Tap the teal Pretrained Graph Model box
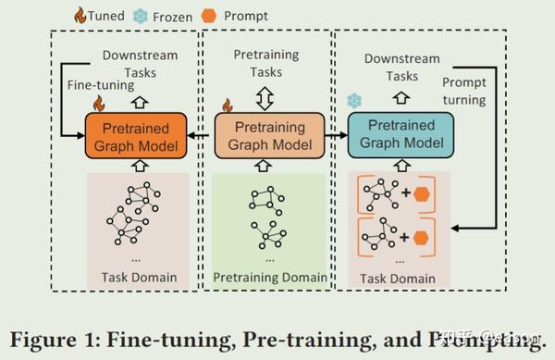coord(400,134)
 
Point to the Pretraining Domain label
coord(269,277)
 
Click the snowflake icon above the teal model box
coord(352,100)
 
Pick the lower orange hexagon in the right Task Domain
coord(422,238)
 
